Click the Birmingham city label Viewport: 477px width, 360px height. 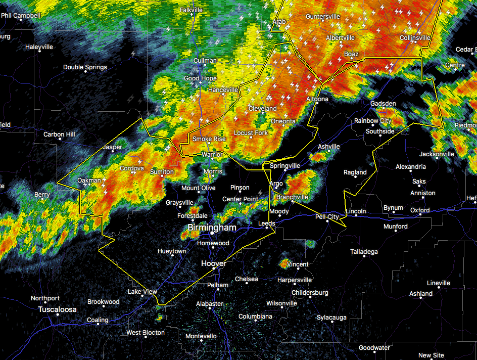(212, 228)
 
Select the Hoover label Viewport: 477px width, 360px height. (213, 263)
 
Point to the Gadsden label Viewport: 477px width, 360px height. (383, 104)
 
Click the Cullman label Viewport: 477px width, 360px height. (205, 61)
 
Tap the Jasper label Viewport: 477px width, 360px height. (113, 147)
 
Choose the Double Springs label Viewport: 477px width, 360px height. (85, 67)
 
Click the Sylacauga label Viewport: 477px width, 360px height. (331, 318)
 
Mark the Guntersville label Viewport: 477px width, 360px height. (322, 17)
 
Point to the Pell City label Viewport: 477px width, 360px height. (327, 217)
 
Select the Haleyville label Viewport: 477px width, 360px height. (39, 47)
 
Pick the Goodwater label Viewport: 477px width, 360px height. (374, 348)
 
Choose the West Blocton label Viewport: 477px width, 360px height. (146, 333)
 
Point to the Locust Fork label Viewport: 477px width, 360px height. (251, 133)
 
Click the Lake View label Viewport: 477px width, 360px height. (142, 292)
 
